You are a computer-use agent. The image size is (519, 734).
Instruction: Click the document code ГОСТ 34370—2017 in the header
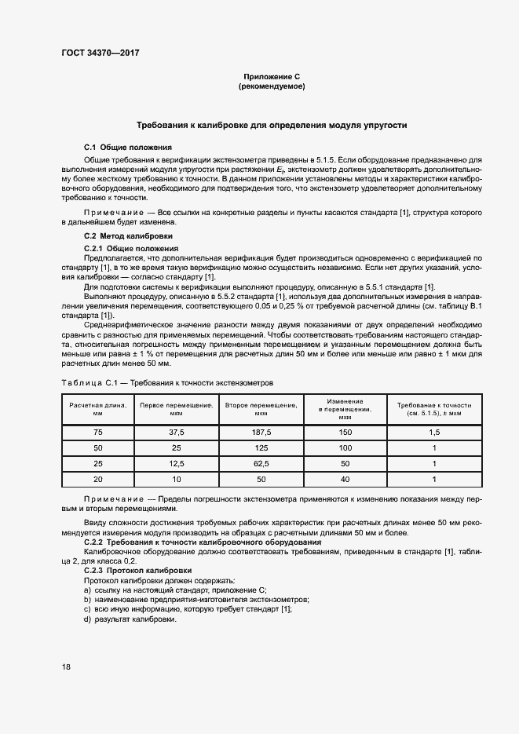pos(100,54)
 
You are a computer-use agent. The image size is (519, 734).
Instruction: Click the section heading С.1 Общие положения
pos(128,148)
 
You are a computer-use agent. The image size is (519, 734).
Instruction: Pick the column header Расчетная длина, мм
pos(98,408)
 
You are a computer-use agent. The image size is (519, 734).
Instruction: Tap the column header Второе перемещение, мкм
pos(260,408)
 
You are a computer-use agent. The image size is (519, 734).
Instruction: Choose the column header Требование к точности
pos(433,408)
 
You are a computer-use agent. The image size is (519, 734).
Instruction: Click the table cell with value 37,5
pos(176,433)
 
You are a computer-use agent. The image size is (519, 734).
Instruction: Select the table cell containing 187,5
pos(260,433)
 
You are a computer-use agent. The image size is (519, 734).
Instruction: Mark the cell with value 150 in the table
pos(345,433)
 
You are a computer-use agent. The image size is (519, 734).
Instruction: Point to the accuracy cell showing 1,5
pos(433,433)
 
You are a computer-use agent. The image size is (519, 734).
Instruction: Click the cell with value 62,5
pos(260,462)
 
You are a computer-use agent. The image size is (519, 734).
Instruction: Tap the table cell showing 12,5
pos(176,462)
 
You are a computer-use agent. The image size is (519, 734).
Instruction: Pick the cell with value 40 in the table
pos(345,477)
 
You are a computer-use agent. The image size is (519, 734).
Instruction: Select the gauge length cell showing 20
pos(98,477)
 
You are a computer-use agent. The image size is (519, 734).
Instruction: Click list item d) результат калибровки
pos(130,619)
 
